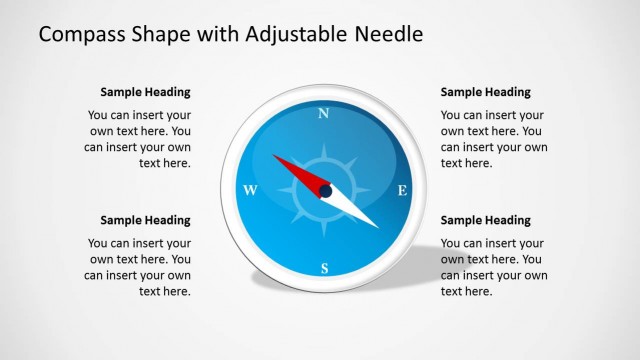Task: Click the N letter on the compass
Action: [323, 113]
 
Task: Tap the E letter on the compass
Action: [402, 190]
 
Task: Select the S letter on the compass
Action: [324, 268]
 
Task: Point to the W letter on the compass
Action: [251, 190]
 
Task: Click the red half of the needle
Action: [299, 171]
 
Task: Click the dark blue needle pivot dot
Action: [325, 190]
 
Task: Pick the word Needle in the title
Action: [389, 35]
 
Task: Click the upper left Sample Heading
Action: [145, 92]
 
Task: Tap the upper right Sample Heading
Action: [486, 92]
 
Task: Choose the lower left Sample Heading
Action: [145, 220]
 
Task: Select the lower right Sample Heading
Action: [486, 220]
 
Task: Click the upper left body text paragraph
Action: [139, 139]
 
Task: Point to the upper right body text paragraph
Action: [494, 139]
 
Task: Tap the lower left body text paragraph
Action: [139, 267]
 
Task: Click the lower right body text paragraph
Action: [494, 267]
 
